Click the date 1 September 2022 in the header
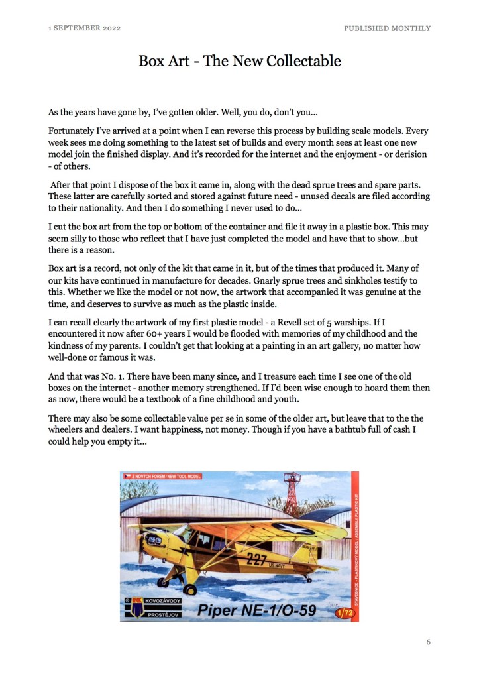click(x=84, y=28)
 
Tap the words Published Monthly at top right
click(x=387, y=28)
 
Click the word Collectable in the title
click(x=303, y=62)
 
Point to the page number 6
click(x=428, y=642)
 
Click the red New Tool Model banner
click(x=162, y=476)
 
